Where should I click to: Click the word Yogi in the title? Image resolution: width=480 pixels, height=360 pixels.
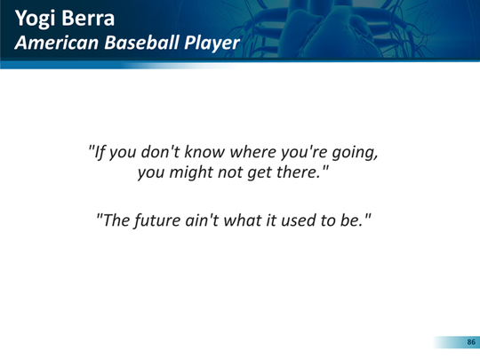pyautogui.click(x=36, y=20)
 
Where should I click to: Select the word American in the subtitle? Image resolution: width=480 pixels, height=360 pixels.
pyautogui.click(x=58, y=43)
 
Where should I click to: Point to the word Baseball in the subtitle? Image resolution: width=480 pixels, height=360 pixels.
pyautogui.click(x=142, y=43)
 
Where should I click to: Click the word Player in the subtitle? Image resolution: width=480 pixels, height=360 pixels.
pyautogui.click(x=212, y=44)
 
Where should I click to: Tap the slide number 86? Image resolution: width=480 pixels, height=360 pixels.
pyautogui.click(x=471, y=342)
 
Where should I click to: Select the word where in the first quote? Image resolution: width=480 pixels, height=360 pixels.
pyautogui.click(x=252, y=151)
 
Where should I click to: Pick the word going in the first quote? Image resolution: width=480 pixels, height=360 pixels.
pyautogui.click(x=355, y=153)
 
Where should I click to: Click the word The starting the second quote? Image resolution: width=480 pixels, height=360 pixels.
pyautogui.click(x=116, y=220)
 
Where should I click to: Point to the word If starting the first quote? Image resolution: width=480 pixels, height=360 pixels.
pyautogui.click(x=100, y=152)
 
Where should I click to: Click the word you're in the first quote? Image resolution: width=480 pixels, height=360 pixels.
pyautogui.click(x=304, y=153)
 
